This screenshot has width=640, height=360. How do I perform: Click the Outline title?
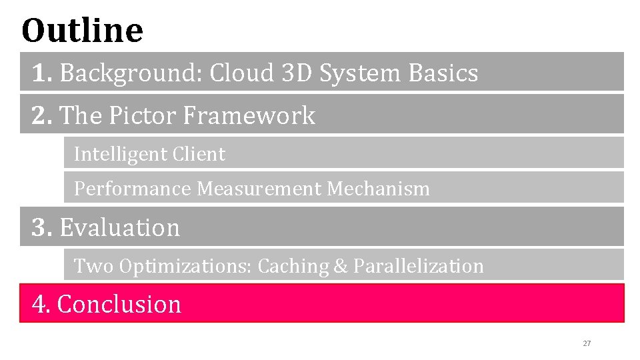(x=82, y=30)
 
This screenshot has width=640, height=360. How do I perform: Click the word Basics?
(x=445, y=73)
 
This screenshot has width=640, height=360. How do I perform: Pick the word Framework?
(x=249, y=116)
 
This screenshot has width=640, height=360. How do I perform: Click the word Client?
(x=199, y=154)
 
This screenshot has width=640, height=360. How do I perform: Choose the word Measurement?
(x=259, y=189)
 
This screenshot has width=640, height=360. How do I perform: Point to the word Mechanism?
(x=378, y=189)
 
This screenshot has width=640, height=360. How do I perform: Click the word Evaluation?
(x=120, y=227)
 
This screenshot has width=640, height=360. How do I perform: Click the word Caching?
(x=293, y=266)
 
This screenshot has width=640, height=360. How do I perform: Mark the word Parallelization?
(x=418, y=266)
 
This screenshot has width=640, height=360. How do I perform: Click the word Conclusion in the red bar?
(x=119, y=304)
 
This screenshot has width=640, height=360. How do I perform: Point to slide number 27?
(x=587, y=343)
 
